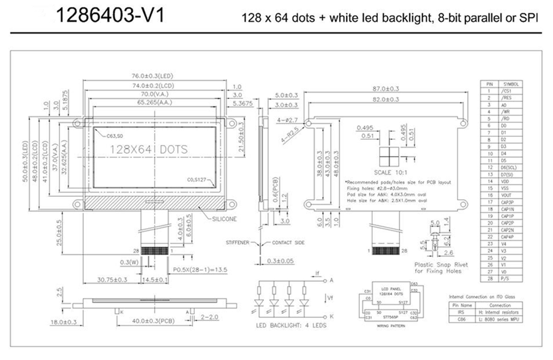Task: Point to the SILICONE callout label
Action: coord(224,220)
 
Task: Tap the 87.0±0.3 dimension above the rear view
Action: coord(386,89)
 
